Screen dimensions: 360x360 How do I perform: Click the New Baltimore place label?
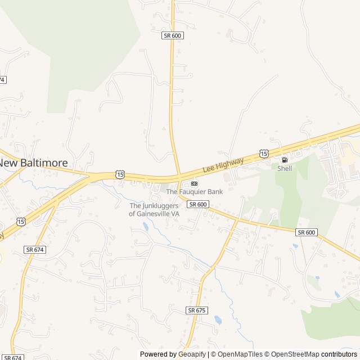pyautogui.click(x=34, y=163)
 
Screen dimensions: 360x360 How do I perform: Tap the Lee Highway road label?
pyautogui.click(x=223, y=165)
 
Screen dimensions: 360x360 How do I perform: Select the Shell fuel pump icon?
pyautogui.click(x=284, y=160)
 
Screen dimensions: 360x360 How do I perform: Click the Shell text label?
pyautogui.click(x=285, y=168)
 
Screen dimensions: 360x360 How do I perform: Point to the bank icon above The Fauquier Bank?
pyautogui.click(x=194, y=183)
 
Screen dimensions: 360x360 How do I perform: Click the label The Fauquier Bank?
pyautogui.click(x=194, y=192)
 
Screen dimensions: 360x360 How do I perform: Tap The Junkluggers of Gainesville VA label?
pyautogui.click(x=154, y=210)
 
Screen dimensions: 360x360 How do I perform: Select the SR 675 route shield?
pyautogui.click(x=197, y=310)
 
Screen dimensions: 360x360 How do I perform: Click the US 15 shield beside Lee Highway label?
pyautogui.click(x=264, y=154)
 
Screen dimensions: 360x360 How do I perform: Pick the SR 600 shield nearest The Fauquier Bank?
pyautogui.click(x=198, y=204)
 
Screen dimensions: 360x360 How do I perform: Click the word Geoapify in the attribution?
pyautogui.click(x=192, y=354)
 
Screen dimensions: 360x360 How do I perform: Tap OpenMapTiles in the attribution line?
pyautogui.click(x=239, y=354)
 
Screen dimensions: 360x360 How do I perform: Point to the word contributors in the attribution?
pyautogui.click(x=339, y=354)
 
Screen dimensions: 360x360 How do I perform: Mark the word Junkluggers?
pyautogui.click(x=159, y=206)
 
